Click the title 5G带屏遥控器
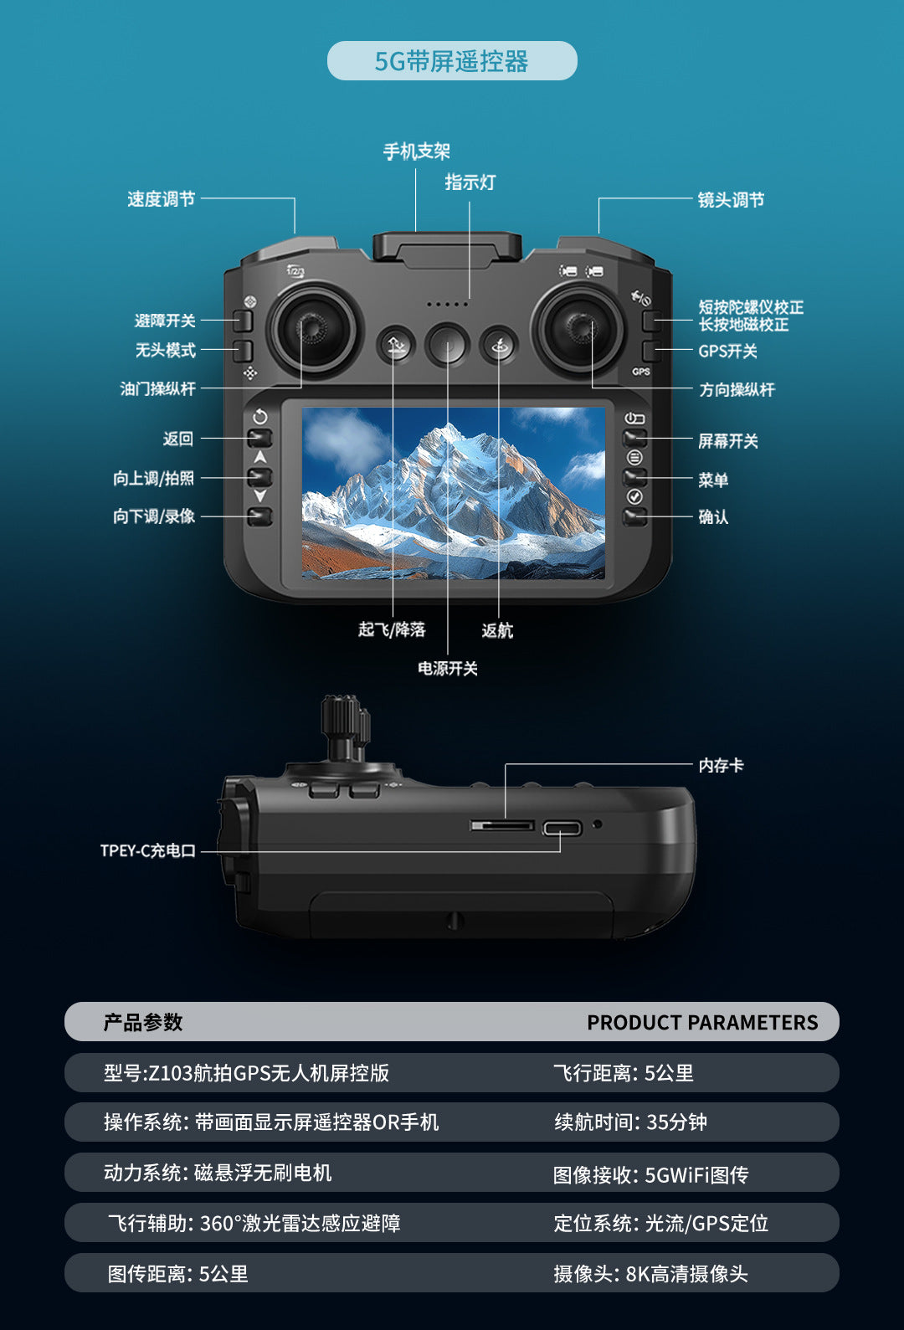[x=451, y=61]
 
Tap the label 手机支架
[x=416, y=151]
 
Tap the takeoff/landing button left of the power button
[x=396, y=345]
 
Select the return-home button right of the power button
[x=499, y=345]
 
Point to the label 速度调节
[x=161, y=199]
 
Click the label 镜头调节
[x=731, y=200]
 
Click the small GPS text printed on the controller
[x=640, y=372]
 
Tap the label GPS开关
[x=727, y=352]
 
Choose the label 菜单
[x=713, y=480]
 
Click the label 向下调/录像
[x=154, y=516]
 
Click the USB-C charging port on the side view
[x=562, y=829]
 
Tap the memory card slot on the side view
[x=502, y=826]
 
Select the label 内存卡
[x=721, y=765]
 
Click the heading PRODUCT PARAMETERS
[x=701, y=1023]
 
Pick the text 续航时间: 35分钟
[x=629, y=1122]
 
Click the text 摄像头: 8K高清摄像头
[x=650, y=1274]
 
